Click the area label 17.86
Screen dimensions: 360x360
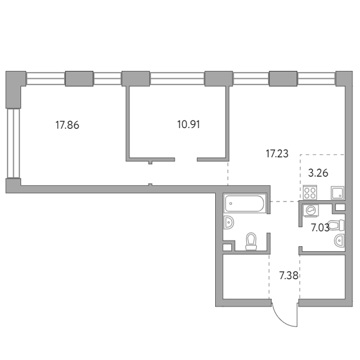67,125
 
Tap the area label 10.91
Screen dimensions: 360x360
188,124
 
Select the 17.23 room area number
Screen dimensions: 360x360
277,154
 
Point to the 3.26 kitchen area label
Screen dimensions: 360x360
318,173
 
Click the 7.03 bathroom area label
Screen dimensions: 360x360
320,228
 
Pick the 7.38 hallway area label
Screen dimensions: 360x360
288,275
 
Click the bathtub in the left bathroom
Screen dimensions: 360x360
244,203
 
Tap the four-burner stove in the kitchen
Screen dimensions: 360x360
310,193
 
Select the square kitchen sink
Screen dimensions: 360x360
338,193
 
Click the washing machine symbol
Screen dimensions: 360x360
311,210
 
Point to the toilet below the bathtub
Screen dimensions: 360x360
251,241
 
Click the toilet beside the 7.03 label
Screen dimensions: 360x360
336,225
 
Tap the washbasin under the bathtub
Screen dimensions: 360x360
229,223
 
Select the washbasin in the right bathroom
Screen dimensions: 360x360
339,241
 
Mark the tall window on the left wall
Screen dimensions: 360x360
13,143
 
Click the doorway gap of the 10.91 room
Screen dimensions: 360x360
186,159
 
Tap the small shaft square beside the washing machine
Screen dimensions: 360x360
340,207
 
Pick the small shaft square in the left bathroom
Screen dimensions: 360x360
228,247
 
